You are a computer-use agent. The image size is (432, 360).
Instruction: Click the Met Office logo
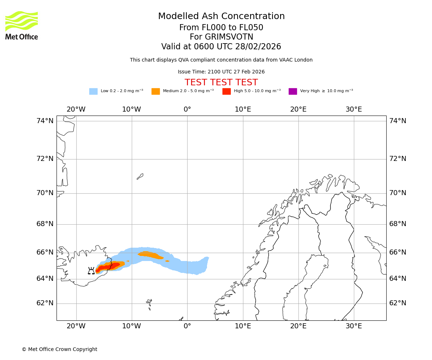22,25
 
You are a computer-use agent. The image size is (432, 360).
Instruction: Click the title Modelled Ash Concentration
221,16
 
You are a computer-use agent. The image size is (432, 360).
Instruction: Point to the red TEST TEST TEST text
221,82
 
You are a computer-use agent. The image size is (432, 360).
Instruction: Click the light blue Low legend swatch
93,91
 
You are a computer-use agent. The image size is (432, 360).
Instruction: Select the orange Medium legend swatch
156,91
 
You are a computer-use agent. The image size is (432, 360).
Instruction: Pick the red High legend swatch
226,91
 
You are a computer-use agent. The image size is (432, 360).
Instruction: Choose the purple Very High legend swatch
293,91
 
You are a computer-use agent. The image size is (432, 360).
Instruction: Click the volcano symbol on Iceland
91,271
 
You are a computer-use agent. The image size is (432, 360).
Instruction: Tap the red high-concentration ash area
108,267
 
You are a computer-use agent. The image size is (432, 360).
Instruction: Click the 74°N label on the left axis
45,121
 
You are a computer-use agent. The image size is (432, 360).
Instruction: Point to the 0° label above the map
187,109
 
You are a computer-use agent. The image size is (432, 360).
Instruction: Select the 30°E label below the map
354,326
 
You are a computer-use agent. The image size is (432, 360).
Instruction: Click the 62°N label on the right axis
398,303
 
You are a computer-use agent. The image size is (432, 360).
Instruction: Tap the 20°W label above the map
76,109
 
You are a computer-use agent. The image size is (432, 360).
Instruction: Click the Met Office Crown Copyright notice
59,349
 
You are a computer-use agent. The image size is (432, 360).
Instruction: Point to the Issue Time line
221,72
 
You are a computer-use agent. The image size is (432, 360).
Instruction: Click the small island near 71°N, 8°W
140,176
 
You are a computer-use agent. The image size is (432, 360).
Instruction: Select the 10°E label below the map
243,326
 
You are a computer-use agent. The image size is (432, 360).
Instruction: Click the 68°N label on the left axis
45,224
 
